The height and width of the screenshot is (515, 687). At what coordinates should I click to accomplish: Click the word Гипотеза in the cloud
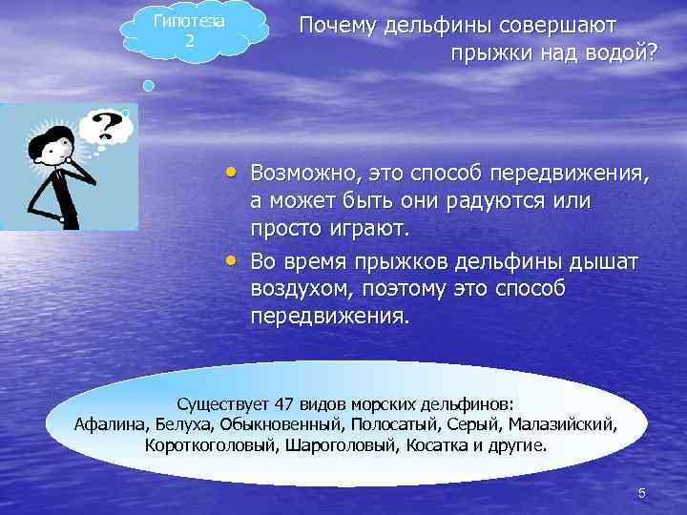click(x=189, y=22)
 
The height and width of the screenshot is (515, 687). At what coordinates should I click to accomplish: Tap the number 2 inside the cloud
click(x=189, y=41)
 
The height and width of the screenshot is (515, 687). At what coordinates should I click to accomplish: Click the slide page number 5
click(x=641, y=492)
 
